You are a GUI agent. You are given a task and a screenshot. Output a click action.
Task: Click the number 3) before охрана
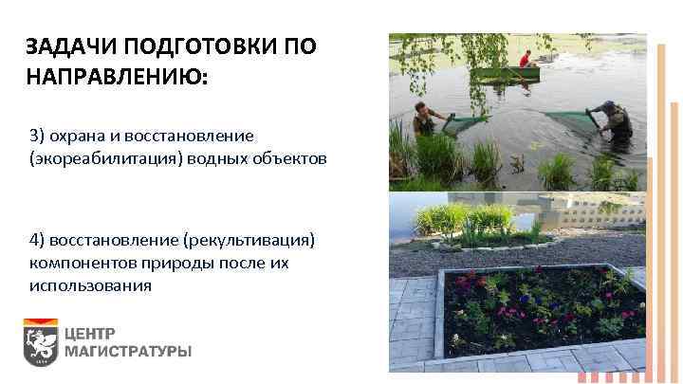(37, 135)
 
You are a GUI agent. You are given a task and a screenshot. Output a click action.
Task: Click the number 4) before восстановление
(37, 238)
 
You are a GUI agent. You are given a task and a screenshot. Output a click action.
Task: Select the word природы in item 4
(156, 261)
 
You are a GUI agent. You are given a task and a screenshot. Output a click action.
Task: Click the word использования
(90, 284)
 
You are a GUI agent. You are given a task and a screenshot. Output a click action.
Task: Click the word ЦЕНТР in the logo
(90, 333)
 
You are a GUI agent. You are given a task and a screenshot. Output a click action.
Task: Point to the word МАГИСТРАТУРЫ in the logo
(128, 352)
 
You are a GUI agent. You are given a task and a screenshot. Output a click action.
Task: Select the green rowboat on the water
(506, 75)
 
